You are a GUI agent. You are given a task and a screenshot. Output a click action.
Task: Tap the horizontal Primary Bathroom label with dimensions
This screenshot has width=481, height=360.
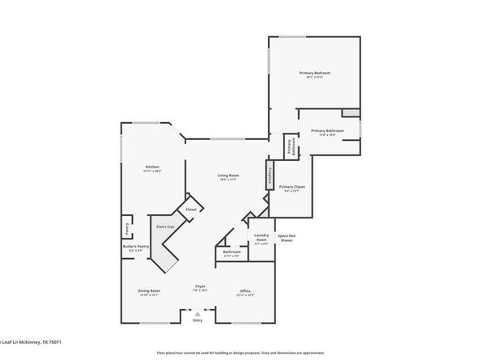[x=327, y=132]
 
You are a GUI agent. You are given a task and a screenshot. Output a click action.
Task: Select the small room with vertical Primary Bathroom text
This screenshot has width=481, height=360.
[x=289, y=146]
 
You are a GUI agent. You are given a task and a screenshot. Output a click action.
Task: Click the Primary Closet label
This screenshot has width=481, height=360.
[x=292, y=188]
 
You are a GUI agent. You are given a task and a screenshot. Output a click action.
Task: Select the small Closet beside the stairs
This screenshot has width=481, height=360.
[x=191, y=210]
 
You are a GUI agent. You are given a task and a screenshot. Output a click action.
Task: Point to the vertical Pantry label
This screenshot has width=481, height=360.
[x=127, y=227]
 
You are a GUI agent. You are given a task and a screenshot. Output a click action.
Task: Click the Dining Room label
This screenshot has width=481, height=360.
[x=149, y=292]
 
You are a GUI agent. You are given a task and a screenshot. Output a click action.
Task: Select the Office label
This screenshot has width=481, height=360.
[x=245, y=292]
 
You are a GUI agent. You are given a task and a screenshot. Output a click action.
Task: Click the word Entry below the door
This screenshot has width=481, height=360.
[x=198, y=321]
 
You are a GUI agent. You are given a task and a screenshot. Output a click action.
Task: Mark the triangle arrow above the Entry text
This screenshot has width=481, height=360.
[x=198, y=313]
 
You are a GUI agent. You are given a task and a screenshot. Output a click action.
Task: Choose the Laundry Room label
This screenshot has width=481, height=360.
[x=262, y=239]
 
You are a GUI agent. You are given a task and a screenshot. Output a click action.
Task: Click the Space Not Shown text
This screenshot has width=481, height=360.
[x=286, y=239]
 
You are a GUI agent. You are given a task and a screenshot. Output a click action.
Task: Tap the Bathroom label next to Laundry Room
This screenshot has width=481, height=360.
[x=232, y=253]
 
